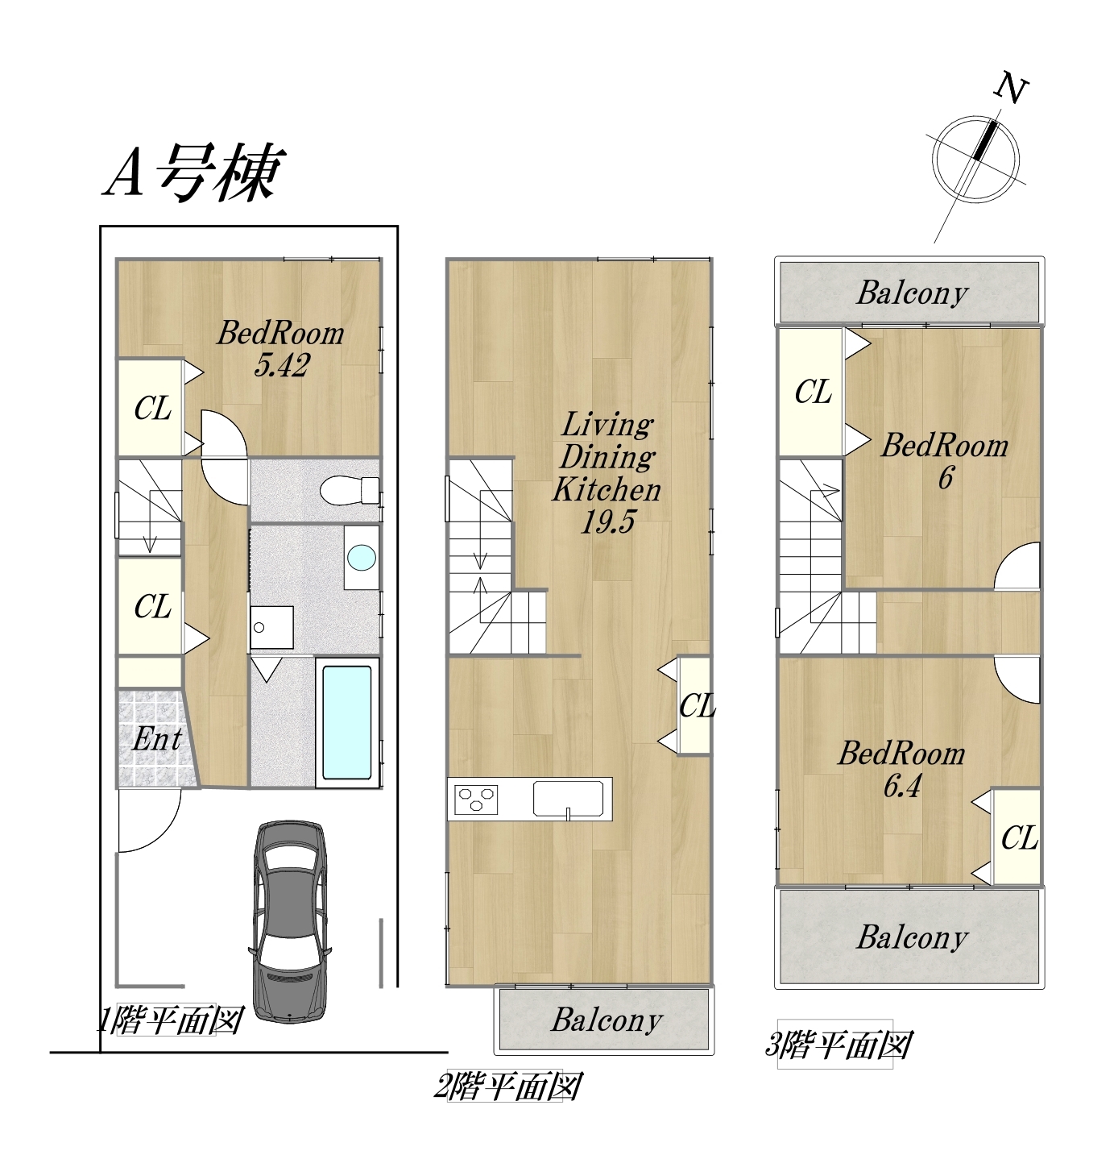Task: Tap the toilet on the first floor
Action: pyautogui.click(x=350, y=490)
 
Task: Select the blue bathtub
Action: pyautogui.click(x=347, y=722)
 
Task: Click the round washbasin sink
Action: pyautogui.click(x=362, y=557)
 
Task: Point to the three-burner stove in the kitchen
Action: pyautogui.click(x=476, y=799)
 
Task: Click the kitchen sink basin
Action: pyautogui.click(x=568, y=798)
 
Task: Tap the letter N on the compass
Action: pyautogui.click(x=1011, y=89)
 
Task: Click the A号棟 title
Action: pyautogui.click(x=195, y=172)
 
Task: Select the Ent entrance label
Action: pyautogui.click(x=156, y=739)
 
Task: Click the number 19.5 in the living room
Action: pyautogui.click(x=607, y=521)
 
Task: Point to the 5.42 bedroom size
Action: pyautogui.click(x=281, y=365)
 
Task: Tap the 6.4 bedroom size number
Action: pyautogui.click(x=901, y=786)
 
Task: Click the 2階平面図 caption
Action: pyautogui.click(x=508, y=1086)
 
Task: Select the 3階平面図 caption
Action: pyautogui.click(x=838, y=1045)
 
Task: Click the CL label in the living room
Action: pyautogui.click(x=698, y=706)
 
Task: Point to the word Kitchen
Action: pyautogui.click(x=607, y=489)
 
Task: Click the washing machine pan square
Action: pyautogui.click(x=271, y=627)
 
